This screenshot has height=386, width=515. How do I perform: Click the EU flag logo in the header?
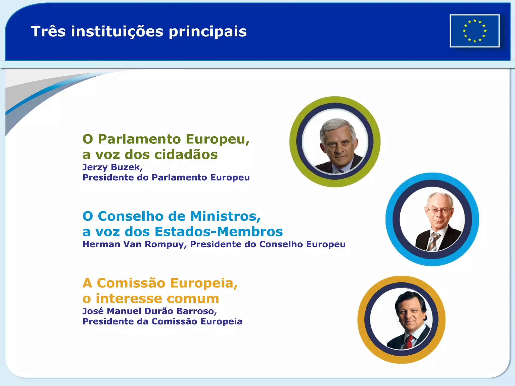click(x=475, y=31)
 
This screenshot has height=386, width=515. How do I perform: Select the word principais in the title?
click(x=208, y=32)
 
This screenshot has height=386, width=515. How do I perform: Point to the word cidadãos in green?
click(x=186, y=154)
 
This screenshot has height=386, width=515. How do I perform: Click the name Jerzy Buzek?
click(x=112, y=167)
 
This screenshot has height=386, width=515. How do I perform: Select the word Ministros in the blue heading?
click(x=225, y=216)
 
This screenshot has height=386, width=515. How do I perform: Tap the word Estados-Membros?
click(x=219, y=231)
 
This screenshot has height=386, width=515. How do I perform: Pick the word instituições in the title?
click(x=117, y=31)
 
